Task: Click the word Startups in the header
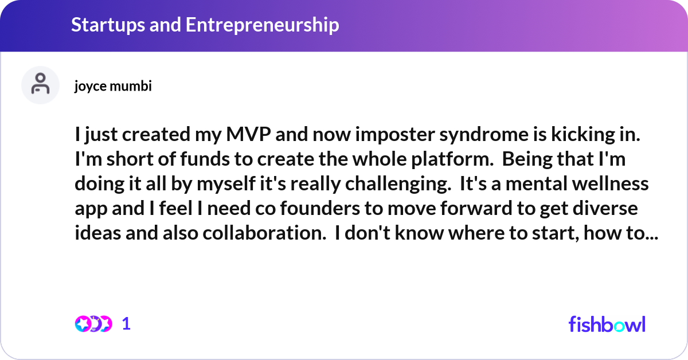[x=108, y=25]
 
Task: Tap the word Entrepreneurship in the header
[x=263, y=25]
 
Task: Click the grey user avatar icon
[x=40, y=85]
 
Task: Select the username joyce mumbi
[x=113, y=87]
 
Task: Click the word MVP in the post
[x=248, y=134]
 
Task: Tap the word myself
[x=226, y=185]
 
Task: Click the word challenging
[x=398, y=185]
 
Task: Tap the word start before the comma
[x=556, y=233]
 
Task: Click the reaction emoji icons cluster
[x=93, y=324]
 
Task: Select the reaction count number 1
[x=126, y=324]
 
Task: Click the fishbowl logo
[x=607, y=324]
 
